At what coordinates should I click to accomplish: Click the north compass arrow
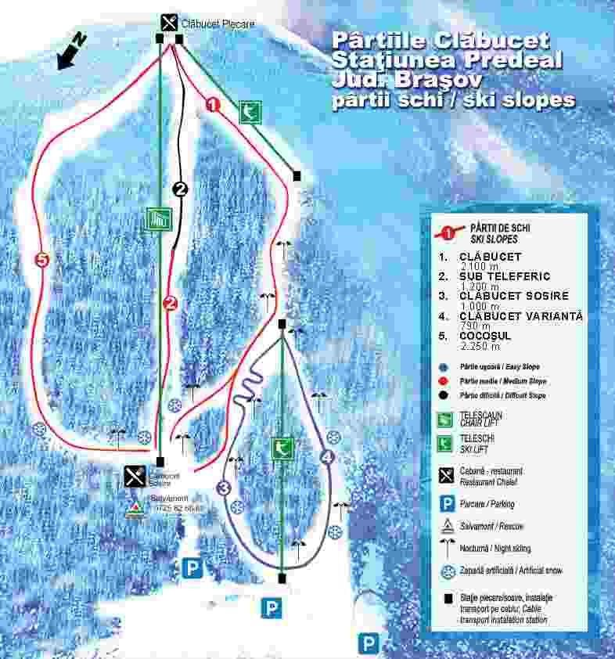[x=69, y=50]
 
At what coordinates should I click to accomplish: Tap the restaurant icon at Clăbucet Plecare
[x=169, y=22]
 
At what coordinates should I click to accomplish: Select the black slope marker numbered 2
[x=181, y=189]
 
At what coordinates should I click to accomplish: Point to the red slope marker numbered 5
[x=42, y=259]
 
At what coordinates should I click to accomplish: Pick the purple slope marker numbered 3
[x=225, y=488]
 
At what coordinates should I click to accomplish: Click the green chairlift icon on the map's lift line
[x=158, y=219]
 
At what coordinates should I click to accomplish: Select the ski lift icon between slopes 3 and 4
[x=282, y=448]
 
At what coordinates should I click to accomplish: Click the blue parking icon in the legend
[x=448, y=504]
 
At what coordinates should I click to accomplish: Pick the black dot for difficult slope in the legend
[x=443, y=395]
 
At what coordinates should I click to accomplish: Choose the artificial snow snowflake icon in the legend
[x=448, y=571]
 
